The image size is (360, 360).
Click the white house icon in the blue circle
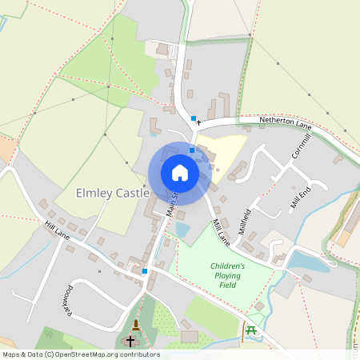pos(179,173)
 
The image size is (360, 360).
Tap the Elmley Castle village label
pos(112,194)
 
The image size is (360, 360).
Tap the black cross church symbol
pos(130,341)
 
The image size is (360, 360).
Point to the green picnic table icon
pos(250,329)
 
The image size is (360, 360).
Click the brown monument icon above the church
pos(136,325)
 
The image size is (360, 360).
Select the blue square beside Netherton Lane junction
pos(193,119)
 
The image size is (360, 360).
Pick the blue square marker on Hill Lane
pos(144,271)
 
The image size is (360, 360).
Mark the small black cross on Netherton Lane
pos(198,122)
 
